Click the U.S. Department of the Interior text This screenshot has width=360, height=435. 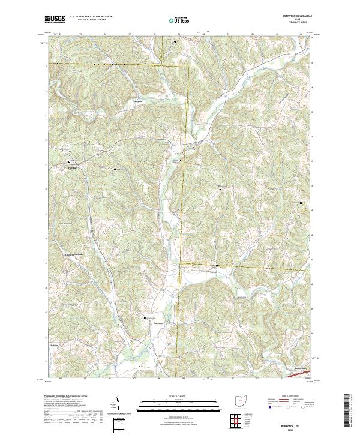(x=91, y=17)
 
